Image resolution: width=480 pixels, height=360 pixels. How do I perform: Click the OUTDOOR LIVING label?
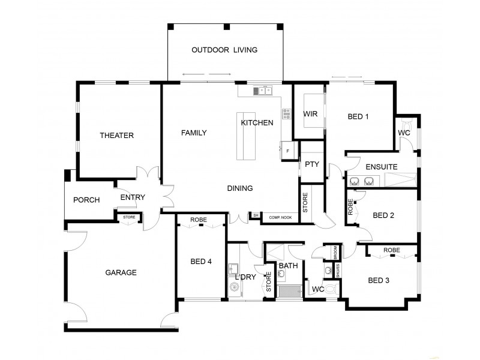[x=224, y=50]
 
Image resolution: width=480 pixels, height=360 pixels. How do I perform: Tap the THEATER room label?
[x=116, y=136]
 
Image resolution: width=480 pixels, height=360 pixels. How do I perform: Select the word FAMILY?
[x=194, y=133]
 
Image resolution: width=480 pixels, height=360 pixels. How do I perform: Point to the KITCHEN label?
[x=257, y=123]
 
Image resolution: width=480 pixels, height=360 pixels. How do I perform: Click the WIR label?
[x=310, y=113]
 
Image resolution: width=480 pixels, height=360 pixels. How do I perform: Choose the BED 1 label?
[x=358, y=116]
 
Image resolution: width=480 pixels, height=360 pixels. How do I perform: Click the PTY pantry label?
[x=311, y=164]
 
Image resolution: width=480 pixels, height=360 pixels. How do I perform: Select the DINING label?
[x=239, y=188]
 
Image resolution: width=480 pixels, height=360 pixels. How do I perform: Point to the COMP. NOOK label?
[x=280, y=217]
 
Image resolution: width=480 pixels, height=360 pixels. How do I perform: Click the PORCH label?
[x=86, y=200]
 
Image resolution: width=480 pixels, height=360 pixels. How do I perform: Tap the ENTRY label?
[x=133, y=197]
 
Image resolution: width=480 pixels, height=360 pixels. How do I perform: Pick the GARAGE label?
[x=121, y=272]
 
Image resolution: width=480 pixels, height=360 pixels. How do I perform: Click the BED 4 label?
[x=201, y=261]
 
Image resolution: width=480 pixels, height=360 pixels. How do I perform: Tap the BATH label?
[x=288, y=265]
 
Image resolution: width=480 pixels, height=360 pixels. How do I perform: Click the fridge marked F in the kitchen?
[x=287, y=150]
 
